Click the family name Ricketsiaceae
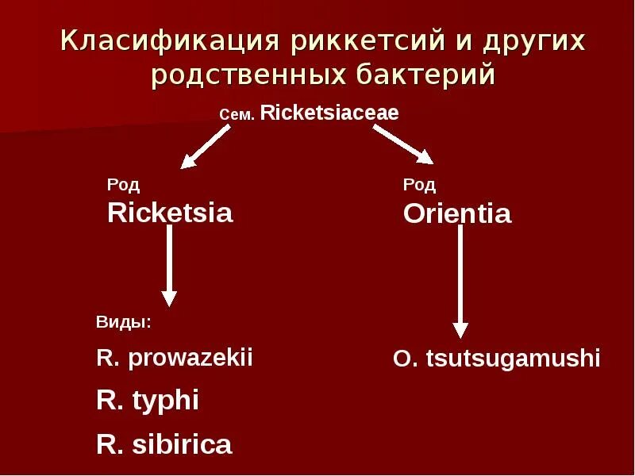tap(329, 113)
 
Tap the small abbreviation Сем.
tap(237, 116)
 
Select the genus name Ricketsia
tap(170, 213)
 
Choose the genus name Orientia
tap(457, 214)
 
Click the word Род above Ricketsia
tap(123, 186)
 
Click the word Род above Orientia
tap(419, 186)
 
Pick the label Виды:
tap(123, 323)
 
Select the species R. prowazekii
tap(174, 358)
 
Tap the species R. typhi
tap(147, 401)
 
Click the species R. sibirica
tap(164, 444)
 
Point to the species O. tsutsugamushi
tap(496, 359)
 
